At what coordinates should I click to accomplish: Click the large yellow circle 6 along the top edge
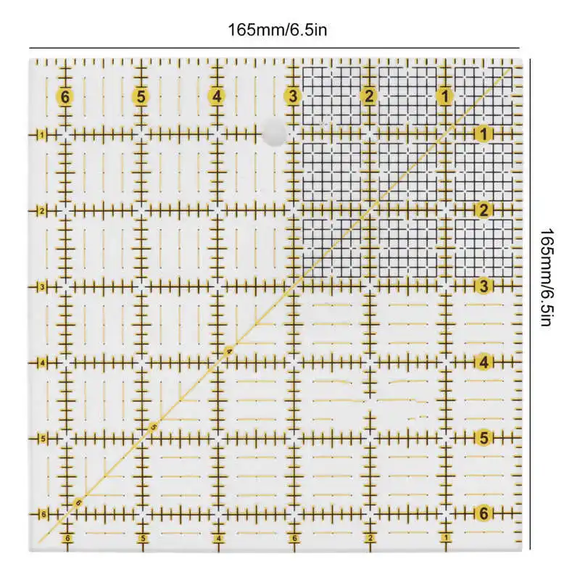(65, 96)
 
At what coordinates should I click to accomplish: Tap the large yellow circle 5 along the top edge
(141, 96)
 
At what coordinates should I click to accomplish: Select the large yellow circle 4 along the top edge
(217, 96)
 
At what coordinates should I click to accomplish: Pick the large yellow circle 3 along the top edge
(293, 96)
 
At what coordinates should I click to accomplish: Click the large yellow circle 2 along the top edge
(369, 96)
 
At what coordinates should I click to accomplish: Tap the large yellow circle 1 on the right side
(483, 133)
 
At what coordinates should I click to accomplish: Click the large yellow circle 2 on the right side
(483, 210)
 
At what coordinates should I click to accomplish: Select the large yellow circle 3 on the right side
(483, 286)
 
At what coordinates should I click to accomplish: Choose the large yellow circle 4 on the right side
(483, 362)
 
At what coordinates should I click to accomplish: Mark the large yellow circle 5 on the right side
(483, 438)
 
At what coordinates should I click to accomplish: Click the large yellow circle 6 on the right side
(483, 514)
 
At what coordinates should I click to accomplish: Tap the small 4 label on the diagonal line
(229, 352)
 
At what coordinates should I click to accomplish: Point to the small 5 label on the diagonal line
(153, 427)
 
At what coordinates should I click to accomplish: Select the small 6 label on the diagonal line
(78, 502)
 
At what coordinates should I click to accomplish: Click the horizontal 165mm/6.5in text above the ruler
(270, 30)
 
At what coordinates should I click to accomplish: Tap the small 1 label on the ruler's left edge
(43, 135)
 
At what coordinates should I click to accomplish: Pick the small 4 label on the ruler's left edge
(43, 362)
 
